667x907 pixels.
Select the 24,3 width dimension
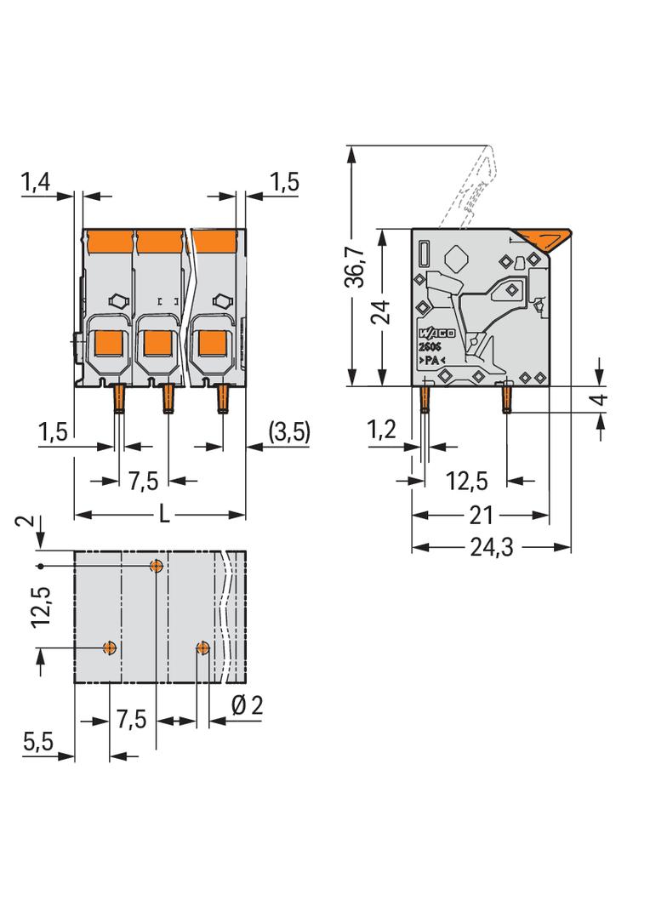(x=491, y=547)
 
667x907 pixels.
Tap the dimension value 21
(x=482, y=515)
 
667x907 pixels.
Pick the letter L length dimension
(x=164, y=514)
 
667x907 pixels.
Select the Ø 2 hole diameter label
(x=247, y=705)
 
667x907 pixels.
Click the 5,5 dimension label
(x=38, y=741)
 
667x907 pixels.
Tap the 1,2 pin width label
(x=382, y=430)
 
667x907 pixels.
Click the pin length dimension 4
(x=601, y=399)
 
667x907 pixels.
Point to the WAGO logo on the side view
(x=436, y=334)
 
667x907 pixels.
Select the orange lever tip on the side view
(x=544, y=239)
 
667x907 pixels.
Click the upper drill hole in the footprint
(x=157, y=566)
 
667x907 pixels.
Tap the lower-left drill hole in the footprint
(x=110, y=647)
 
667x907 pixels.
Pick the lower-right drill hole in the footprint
(x=202, y=647)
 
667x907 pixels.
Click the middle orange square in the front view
(x=157, y=343)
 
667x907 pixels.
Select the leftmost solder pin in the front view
(x=118, y=398)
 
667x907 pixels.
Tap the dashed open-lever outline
(x=469, y=186)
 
